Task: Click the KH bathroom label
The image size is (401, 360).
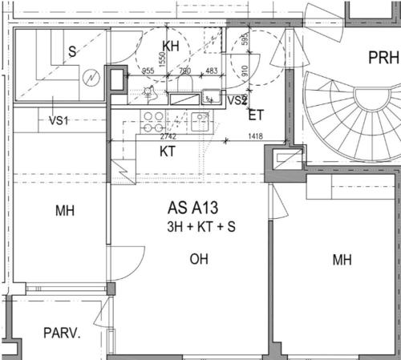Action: point(171,47)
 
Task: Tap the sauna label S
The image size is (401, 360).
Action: point(72,51)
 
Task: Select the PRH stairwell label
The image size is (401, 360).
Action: point(383,58)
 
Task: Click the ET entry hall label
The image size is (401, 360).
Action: point(256,115)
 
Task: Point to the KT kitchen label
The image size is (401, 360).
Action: point(168,152)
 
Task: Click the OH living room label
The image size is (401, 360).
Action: point(199,259)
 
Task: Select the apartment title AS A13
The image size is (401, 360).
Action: point(192,208)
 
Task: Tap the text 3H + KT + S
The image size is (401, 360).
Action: point(201,227)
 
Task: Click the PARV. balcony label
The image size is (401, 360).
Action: point(62,334)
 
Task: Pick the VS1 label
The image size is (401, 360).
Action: point(59,120)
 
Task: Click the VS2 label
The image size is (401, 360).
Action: point(237,100)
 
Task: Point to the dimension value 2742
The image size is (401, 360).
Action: point(168,136)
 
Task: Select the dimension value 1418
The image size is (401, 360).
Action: point(256,136)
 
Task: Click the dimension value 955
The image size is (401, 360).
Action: point(148,71)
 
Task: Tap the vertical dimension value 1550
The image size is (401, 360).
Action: point(163,59)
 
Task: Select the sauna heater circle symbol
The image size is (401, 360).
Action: point(91,78)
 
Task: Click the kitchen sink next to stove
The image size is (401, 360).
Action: point(200,122)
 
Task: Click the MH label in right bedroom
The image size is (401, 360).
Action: point(342,260)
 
